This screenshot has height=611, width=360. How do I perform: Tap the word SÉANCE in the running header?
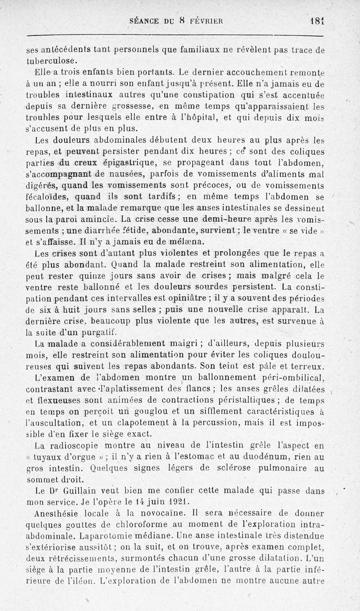click(x=144, y=21)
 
